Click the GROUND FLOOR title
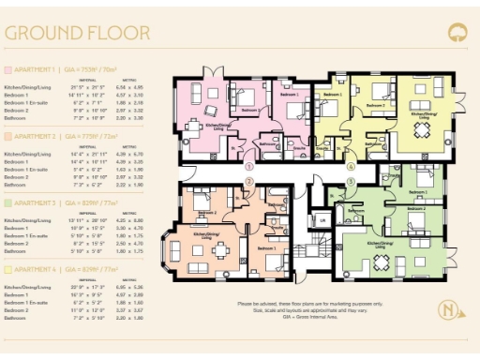77,33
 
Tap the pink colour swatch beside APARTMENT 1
8,69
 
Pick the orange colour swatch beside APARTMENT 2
8,136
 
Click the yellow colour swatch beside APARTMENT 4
8,269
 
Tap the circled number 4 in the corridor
351,166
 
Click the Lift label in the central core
322,219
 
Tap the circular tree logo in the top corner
457,32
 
